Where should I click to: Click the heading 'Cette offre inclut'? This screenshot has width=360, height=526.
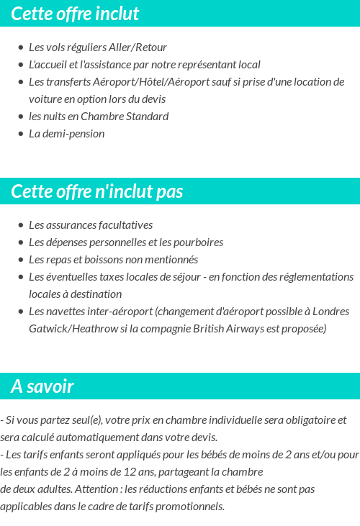pyautogui.click(x=75, y=14)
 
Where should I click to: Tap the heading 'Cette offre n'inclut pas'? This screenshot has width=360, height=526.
pyautogui.click(x=97, y=191)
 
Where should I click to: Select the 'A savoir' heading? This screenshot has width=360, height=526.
pyautogui.click(x=42, y=386)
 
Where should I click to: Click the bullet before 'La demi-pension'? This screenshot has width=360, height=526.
pyautogui.click(x=21, y=134)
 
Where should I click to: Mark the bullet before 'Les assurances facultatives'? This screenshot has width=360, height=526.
pyautogui.click(x=21, y=225)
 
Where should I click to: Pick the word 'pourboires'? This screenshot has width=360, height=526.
pyautogui.click(x=198, y=242)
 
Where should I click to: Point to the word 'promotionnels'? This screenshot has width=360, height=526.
pyautogui.click(x=192, y=506)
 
